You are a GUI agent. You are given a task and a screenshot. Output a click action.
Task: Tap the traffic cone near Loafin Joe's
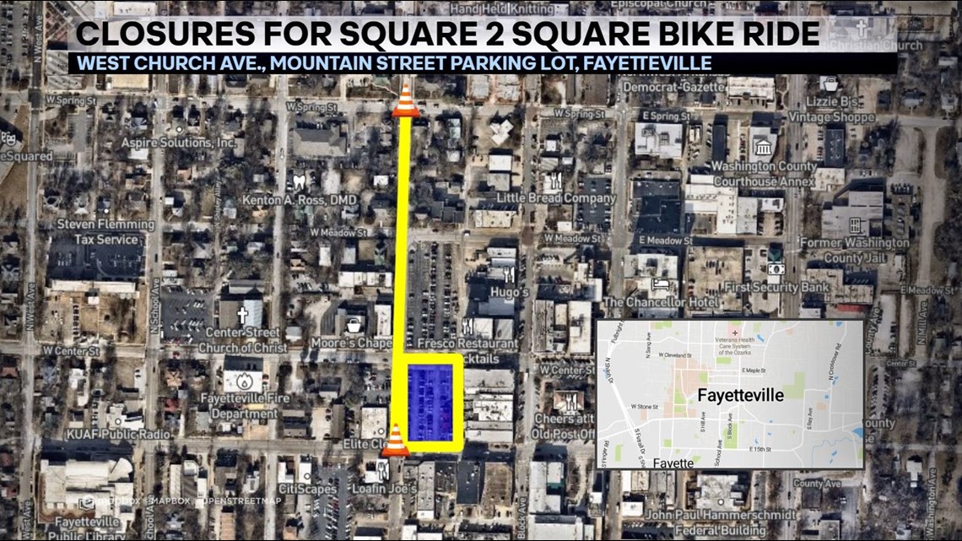394,440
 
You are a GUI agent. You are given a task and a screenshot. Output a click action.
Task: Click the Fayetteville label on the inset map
740,395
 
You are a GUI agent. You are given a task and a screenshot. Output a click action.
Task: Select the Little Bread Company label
556,198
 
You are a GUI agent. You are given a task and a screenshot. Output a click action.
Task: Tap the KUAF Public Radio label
107,434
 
